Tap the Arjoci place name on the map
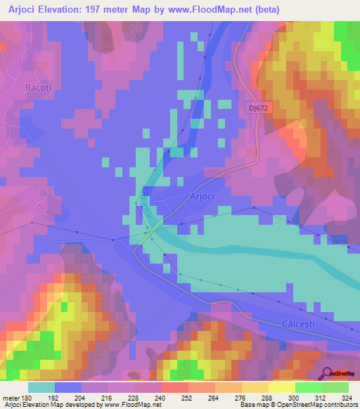point(204,198)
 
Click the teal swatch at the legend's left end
point(41,387)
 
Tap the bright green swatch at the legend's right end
point(335,387)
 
